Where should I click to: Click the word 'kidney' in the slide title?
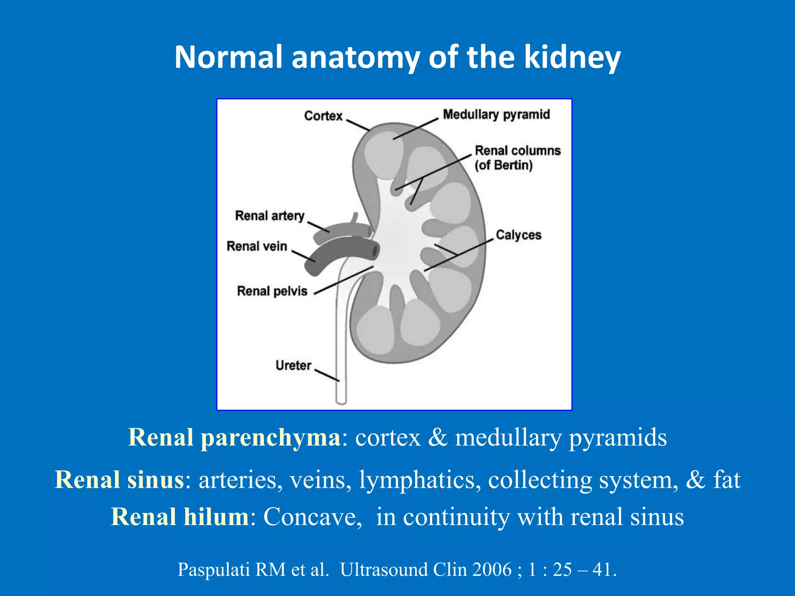[572, 57]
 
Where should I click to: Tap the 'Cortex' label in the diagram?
[323, 116]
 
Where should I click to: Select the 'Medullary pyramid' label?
[496, 114]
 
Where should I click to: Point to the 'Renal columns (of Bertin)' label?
[517, 158]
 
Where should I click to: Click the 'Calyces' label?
[518, 235]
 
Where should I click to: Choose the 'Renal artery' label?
[269, 216]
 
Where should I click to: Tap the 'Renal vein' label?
[257, 246]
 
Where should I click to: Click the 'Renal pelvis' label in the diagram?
[272, 291]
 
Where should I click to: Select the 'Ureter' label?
[293, 365]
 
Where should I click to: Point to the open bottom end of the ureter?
[341, 402]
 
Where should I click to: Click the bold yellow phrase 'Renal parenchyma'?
[234, 437]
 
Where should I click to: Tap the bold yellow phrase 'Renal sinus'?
[119, 480]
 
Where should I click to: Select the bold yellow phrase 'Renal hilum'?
[180, 517]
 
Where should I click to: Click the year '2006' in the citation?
[492, 570]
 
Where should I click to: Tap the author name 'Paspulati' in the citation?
[214, 570]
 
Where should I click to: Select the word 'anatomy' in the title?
[355, 57]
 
